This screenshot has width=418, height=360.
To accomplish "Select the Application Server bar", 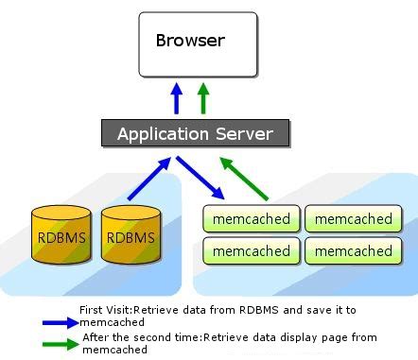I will coord(195,133).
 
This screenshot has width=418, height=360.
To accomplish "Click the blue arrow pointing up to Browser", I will coord(176,98).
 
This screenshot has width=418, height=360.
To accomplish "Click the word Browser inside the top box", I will coord(190,40).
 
